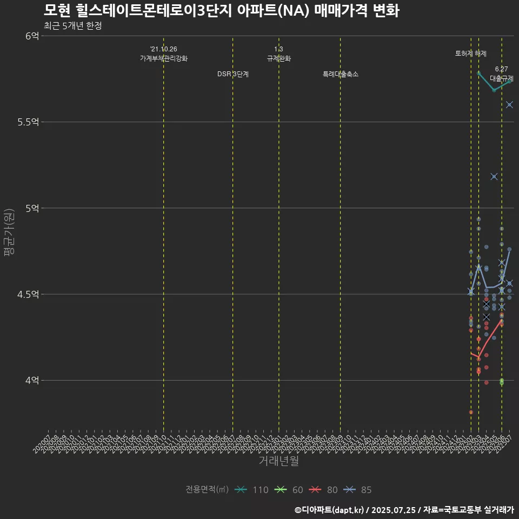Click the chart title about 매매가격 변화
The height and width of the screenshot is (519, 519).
tap(221, 10)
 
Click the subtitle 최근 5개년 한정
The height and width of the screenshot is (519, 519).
tap(72, 25)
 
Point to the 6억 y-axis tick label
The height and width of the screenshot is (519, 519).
tap(32, 36)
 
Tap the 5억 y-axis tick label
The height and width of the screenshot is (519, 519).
tap(32, 208)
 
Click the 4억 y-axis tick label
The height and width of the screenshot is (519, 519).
tap(32, 380)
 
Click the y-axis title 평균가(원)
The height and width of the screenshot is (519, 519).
tap(9, 232)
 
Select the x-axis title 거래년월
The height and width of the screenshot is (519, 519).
tap(278, 461)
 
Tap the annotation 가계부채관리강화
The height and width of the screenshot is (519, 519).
tap(163, 58)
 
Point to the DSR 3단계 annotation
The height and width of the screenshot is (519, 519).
tap(232, 74)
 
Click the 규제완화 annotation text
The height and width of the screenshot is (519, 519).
tap(278, 58)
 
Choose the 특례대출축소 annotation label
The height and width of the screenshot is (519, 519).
tap(340, 74)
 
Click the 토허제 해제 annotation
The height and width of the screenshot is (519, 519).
tap(470, 54)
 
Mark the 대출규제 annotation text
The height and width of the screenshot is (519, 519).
tap(501, 78)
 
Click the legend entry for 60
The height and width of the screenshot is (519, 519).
tap(289, 490)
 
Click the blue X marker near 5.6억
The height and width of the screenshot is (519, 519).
tap(509, 104)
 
